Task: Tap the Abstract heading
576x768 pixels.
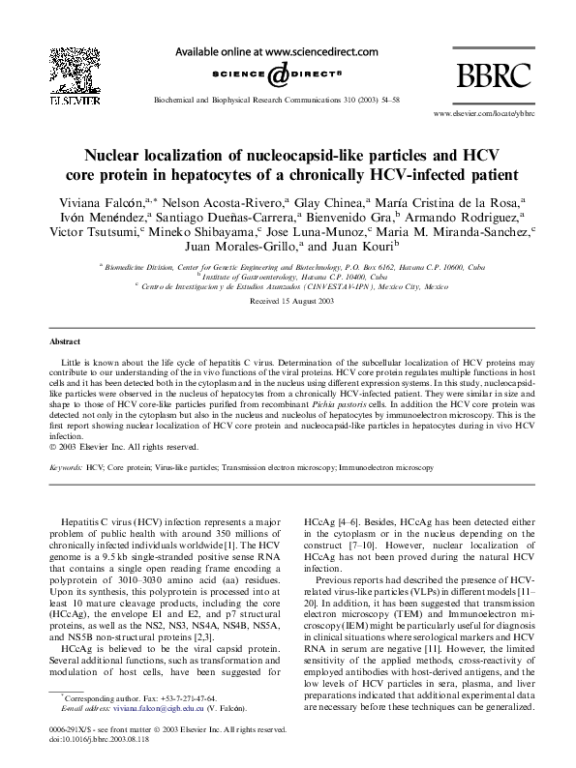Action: point(67,341)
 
